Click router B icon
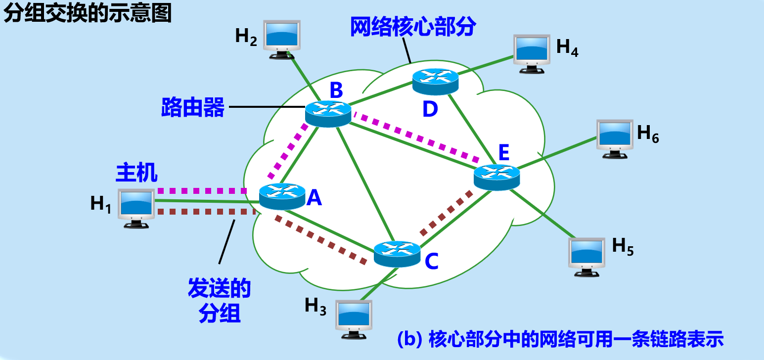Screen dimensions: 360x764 coord(328,113)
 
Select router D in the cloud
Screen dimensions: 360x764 coord(435,81)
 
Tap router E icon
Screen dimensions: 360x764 coord(496,177)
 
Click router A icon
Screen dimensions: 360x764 coord(282,196)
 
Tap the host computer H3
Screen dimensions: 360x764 coord(354,318)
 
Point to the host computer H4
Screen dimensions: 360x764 coord(532,53)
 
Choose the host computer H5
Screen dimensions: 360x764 coord(586,256)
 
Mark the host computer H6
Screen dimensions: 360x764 coord(615,138)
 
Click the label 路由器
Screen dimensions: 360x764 coord(193,107)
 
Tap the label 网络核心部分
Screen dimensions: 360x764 coord(413,28)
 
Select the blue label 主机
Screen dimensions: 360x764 coord(137,173)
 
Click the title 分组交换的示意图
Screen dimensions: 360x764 coord(88,14)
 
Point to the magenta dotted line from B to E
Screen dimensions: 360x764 coord(415,138)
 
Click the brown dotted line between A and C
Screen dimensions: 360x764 coord(321,239)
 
